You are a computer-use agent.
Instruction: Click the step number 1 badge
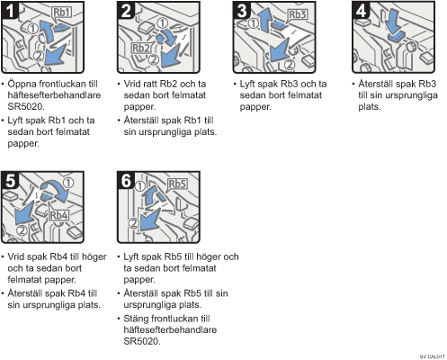coord(9,11)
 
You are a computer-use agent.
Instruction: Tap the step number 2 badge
coord(126,11)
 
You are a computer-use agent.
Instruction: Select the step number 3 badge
coord(242,11)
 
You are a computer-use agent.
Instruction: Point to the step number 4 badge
coord(361,11)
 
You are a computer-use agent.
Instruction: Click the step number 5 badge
coord(10,181)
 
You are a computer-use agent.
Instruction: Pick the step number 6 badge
coord(126,181)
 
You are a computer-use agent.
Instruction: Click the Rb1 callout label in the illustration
coord(61,13)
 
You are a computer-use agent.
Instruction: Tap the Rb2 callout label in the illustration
coord(141,48)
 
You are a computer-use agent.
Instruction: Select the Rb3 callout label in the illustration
coord(298,14)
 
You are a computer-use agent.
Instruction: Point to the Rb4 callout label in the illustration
coord(59,215)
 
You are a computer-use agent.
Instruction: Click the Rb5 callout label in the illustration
coord(177,184)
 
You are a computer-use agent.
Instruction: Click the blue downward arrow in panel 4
coord(393,21)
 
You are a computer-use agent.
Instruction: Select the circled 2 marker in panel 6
coord(133,223)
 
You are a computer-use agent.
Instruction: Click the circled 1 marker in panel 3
coord(254,23)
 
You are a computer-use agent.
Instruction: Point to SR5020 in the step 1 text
coord(26,106)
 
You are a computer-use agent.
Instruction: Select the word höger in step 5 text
coord(94,257)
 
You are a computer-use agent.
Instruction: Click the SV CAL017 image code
coord(432,356)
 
